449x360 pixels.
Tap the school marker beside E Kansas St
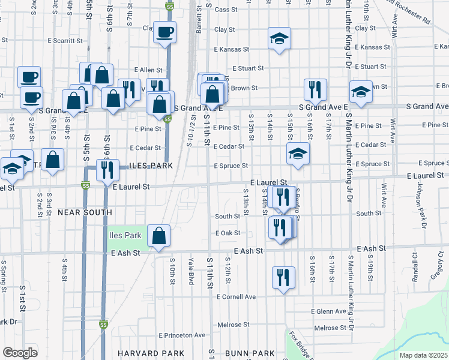pyautogui.click(x=279, y=39)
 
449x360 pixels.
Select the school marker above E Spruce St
pyautogui.click(x=298, y=154)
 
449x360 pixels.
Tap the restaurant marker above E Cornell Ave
pyautogui.click(x=283, y=278)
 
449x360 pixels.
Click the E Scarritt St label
pyautogui.click(x=65, y=41)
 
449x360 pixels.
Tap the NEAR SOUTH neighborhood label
pyautogui.click(x=85, y=212)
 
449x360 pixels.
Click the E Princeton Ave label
pyautogui.click(x=182, y=335)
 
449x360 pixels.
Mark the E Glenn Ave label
pyautogui.click(x=328, y=311)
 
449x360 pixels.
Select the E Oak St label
pyautogui.click(x=228, y=233)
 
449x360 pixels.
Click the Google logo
pyautogui.click(x=20, y=353)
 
